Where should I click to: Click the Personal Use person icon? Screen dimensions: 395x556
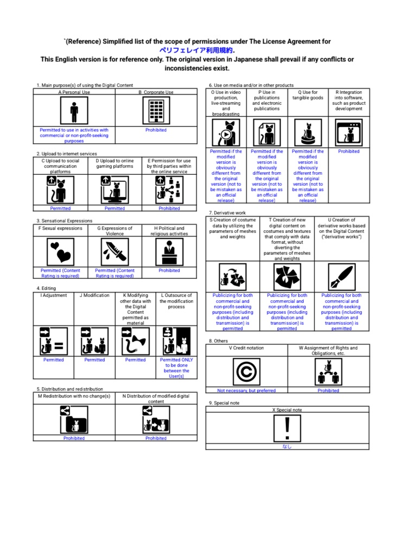[74, 111]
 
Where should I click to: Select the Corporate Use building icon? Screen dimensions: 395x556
[156, 111]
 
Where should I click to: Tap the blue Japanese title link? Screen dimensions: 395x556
[196, 50]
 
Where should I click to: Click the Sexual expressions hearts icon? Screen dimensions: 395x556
[61, 252]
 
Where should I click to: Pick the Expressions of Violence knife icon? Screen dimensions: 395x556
[115, 252]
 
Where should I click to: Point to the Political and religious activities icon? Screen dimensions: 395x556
[169, 252]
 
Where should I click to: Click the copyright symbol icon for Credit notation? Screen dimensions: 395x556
[246, 371]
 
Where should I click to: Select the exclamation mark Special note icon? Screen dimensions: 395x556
[288, 428]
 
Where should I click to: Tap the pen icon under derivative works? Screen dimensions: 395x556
[341, 277]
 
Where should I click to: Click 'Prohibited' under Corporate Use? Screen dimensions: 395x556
[156, 130]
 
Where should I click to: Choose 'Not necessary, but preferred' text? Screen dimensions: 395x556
[246, 390]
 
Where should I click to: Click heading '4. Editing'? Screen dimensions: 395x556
[46, 288]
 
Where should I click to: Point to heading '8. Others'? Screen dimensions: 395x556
[218, 341]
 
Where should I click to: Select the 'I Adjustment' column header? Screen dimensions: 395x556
[54, 295]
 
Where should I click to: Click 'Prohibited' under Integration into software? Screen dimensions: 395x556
[348, 151]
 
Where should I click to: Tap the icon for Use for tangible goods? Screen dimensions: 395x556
[308, 132]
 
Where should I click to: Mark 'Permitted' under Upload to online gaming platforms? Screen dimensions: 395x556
[115, 208]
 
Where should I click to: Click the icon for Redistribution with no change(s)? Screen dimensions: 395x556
[74, 420]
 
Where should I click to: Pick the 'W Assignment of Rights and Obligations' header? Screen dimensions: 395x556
[328, 351]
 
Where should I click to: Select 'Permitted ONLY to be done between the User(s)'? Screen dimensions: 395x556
[176, 368]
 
